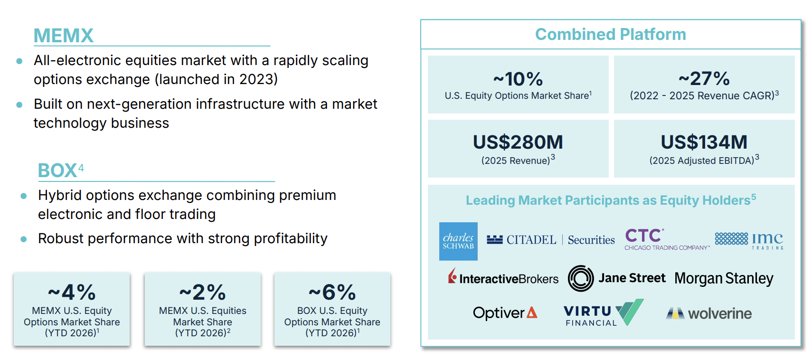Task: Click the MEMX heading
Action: pyautogui.click(x=64, y=36)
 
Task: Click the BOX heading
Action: pyautogui.click(x=57, y=171)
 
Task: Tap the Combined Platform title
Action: pyautogui.click(x=611, y=35)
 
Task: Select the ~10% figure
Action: pyautogui.click(x=518, y=79)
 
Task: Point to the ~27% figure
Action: pyautogui.click(x=704, y=78)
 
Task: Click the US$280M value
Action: pyautogui.click(x=518, y=142)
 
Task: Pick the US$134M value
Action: pyautogui.click(x=704, y=142)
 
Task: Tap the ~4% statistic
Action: pyautogui.click(x=72, y=292)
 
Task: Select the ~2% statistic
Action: pyautogui.click(x=202, y=292)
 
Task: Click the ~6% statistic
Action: pyautogui.click(x=332, y=292)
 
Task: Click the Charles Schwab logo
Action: pyautogui.click(x=458, y=241)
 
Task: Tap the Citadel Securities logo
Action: pyautogui.click(x=551, y=240)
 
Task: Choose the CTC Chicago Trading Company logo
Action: pyautogui.click(x=667, y=239)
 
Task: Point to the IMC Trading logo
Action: pyautogui.click(x=749, y=240)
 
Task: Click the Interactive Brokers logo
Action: pyautogui.click(x=503, y=277)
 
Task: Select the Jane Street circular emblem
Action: pyautogui.click(x=581, y=278)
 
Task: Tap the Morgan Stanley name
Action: pyautogui.click(x=724, y=278)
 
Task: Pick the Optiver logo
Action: pyautogui.click(x=505, y=313)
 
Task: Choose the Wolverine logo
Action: pyautogui.click(x=708, y=313)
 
